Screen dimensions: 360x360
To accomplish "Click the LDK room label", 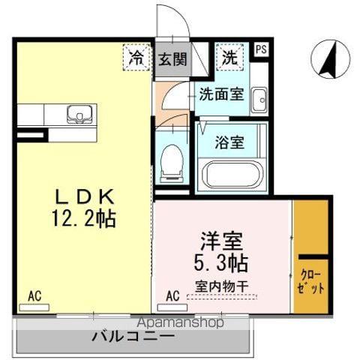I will (85, 196).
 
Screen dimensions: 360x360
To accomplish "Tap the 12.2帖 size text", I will (85, 219).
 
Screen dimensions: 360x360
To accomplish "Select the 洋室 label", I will (223, 241).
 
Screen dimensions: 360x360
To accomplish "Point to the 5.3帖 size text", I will (223, 264).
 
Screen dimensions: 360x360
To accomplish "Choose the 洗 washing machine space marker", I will (229, 56).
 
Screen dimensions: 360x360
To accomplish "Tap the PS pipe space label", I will (260, 50).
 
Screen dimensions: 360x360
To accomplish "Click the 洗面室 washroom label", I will (220, 94).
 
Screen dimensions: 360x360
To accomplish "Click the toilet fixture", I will (171, 160).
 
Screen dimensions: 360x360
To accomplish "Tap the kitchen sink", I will (77, 115).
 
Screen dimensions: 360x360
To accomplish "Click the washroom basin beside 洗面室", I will (259, 98).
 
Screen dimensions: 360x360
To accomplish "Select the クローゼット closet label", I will (311, 282).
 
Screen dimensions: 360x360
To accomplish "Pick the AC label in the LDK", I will (34, 296).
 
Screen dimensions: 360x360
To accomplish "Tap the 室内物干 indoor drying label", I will (222, 286).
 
